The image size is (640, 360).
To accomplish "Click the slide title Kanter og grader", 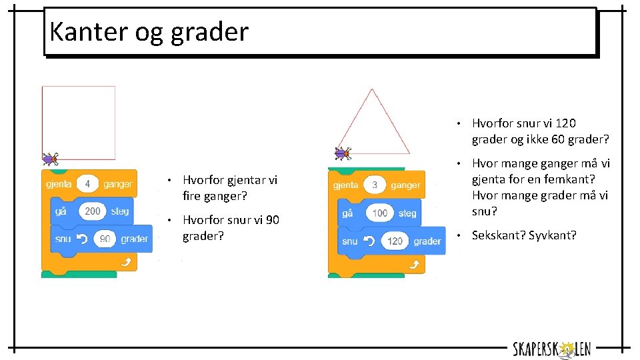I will point(149,31).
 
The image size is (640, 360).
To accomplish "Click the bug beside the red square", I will point(50,159).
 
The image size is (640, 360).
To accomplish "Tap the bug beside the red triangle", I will point(342,154).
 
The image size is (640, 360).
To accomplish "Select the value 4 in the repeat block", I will point(88,184).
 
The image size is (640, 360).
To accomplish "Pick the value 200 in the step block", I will point(93,211).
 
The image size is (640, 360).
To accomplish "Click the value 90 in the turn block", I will point(105,239).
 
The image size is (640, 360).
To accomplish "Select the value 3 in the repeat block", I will point(374,185).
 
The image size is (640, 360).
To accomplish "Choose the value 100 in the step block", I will point(379,213).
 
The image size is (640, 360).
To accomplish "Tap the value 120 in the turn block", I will point(395,241).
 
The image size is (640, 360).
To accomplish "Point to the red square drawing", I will point(78,123).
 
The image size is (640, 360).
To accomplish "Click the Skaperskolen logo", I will point(551,349).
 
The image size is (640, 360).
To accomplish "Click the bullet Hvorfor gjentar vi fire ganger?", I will point(230,188).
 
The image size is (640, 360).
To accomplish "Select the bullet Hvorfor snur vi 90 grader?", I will point(231,228).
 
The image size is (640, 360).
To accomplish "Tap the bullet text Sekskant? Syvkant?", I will point(524,235).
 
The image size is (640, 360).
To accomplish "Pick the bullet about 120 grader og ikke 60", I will point(540,131).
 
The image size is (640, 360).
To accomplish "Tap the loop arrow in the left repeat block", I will point(125,263).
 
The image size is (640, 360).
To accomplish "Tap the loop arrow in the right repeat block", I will point(414,265).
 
